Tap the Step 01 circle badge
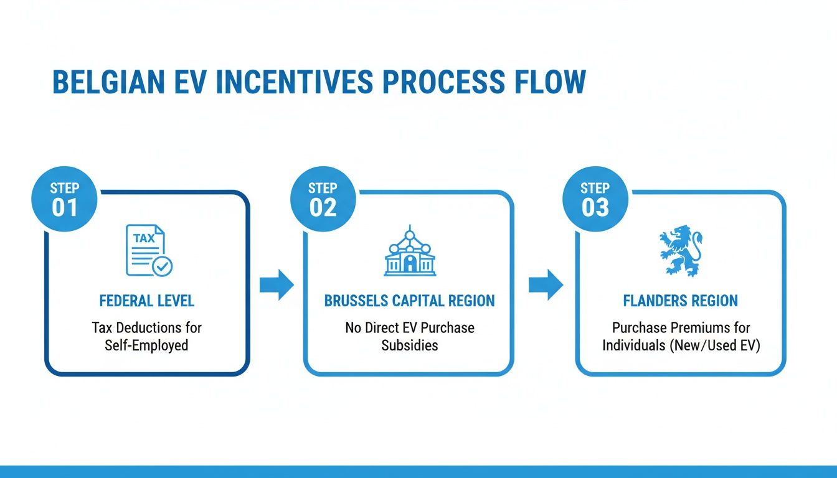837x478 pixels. coord(64,199)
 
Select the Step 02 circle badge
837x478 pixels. coord(323,199)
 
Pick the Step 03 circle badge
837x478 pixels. coord(595,199)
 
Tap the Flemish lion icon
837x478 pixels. coord(680,251)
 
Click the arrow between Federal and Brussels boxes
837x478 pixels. coord(276,284)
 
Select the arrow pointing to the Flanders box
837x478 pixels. coord(546,284)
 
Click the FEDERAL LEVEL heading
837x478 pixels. coord(147,301)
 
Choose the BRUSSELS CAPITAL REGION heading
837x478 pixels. coord(409,301)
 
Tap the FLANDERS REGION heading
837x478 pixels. coord(680,301)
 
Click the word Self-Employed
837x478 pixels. coord(147,345)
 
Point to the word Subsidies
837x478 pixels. coord(409,345)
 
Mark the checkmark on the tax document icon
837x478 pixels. coord(163,266)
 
